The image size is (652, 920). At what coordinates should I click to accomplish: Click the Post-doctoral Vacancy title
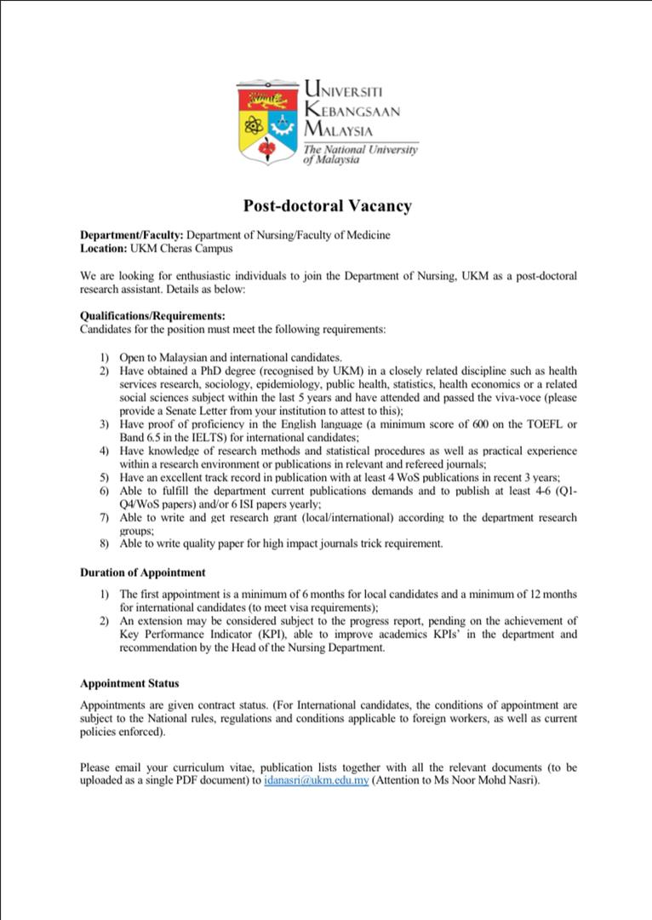328,205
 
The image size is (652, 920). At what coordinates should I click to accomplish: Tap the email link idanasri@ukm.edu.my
317,780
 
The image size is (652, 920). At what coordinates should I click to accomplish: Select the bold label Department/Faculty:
132,235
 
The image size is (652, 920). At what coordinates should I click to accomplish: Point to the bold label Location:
103,249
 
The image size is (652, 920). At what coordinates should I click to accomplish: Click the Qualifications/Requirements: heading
152,315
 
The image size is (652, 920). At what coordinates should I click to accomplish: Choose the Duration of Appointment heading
143,572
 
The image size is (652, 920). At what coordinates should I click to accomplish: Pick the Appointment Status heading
129,683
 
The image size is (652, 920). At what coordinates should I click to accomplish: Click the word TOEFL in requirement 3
546,424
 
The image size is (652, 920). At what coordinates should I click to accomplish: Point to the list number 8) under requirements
104,543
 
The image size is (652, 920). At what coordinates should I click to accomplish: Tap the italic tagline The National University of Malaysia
360,154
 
